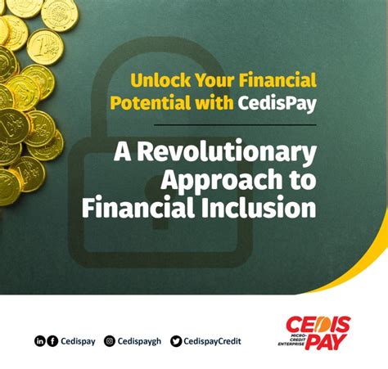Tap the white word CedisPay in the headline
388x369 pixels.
pyautogui.click(x=277, y=103)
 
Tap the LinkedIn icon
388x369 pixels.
pyautogui.click(x=39, y=341)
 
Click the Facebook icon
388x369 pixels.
pyautogui.click(x=52, y=341)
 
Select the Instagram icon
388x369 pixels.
pyautogui.click(x=110, y=341)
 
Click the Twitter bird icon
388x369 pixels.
pyautogui.click(x=176, y=341)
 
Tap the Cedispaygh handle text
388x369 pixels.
pyautogui.click(x=139, y=341)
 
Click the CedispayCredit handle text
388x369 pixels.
pyautogui.click(x=212, y=341)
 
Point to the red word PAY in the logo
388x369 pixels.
pyautogui.click(x=326, y=342)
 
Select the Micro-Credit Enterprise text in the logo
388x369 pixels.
pyautogui.click(x=291, y=340)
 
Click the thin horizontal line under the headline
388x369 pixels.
pyautogui.click(x=235, y=125)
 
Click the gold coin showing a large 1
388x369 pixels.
pyautogui.click(x=45, y=47)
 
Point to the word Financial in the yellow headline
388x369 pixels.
pyautogui.click(x=277, y=80)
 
